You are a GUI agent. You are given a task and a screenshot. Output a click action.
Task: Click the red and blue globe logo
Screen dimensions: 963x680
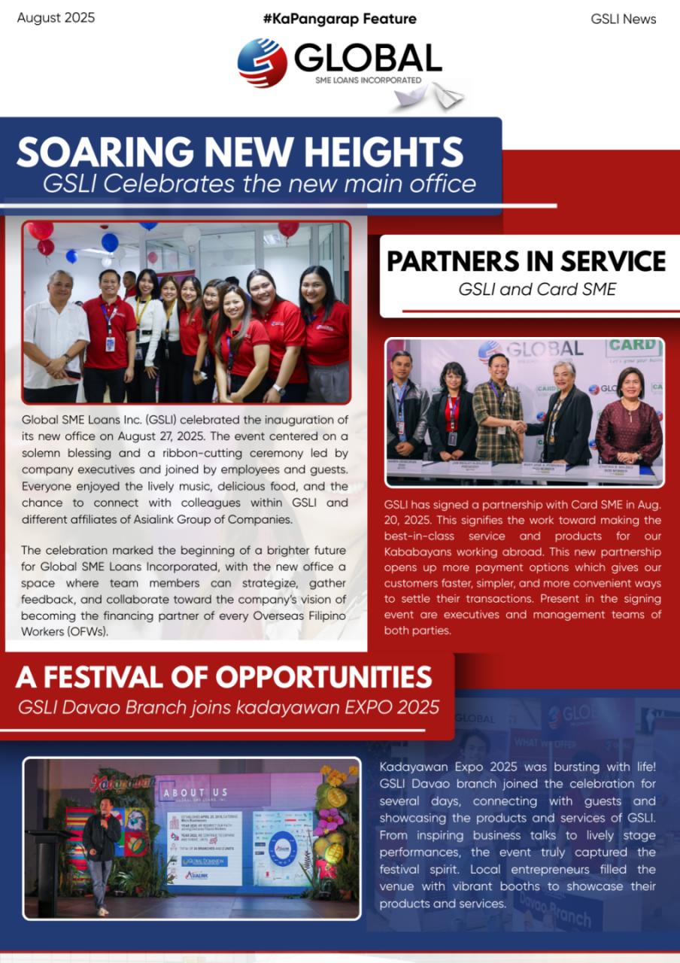point(262,62)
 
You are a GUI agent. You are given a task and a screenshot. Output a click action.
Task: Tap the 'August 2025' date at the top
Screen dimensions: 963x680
point(56,18)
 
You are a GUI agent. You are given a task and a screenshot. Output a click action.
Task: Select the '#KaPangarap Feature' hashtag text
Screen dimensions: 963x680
point(339,19)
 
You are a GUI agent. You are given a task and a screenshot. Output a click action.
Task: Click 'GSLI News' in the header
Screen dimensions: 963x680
point(623,19)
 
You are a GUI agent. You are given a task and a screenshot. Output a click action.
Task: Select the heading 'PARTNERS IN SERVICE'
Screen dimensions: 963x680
point(526,261)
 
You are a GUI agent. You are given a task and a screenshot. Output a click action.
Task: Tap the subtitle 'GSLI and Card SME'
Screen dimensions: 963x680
point(537,289)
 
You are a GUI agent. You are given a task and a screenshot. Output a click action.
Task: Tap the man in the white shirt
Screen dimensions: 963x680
point(54,331)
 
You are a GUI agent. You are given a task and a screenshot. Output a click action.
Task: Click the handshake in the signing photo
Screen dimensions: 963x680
point(518,426)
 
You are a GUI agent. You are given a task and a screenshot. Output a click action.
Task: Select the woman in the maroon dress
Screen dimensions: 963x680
point(629,421)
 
